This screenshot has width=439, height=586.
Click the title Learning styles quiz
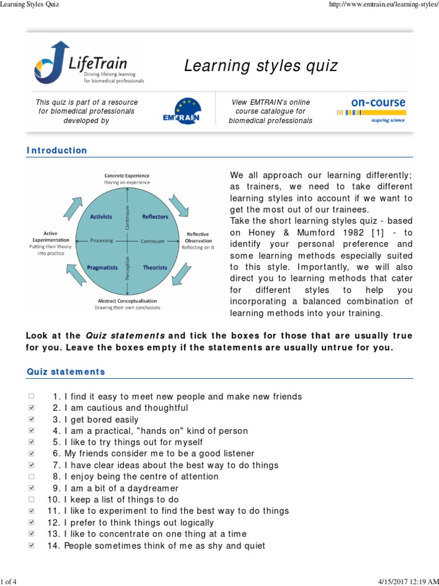click(260, 66)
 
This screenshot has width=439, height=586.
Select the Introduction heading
click(57, 151)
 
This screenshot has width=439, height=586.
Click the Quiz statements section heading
click(66, 372)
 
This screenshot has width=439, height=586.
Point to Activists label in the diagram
click(101, 217)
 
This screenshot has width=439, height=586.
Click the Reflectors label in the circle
click(155, 217)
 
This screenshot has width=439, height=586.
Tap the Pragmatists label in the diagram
click(102, 267)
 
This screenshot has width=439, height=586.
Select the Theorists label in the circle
click(155, 267)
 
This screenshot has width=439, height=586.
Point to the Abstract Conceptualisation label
click(127, 300)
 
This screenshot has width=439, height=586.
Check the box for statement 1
click(31, 397)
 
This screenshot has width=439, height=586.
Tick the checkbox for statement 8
click(31, 477)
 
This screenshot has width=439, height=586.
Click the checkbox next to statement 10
click(31, 500)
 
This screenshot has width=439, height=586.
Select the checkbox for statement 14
click(31, 545)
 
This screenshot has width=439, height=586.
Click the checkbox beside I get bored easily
click(31, 419)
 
